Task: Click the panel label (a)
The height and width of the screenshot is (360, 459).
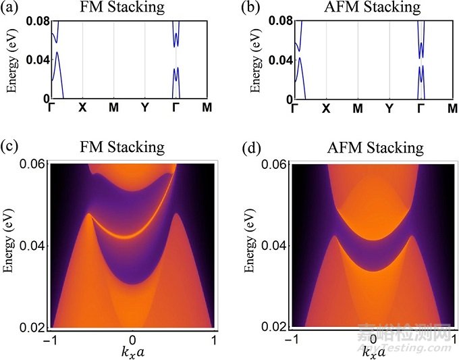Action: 12,8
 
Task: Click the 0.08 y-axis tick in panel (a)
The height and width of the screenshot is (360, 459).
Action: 38,22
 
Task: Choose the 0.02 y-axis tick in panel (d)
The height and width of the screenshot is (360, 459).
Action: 277,327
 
